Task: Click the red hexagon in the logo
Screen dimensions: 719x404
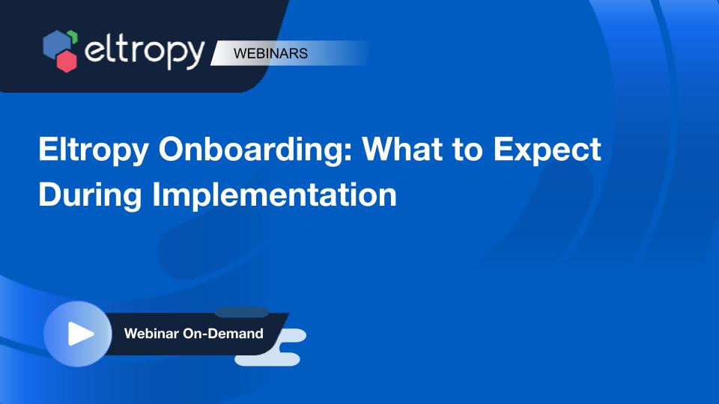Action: (67, 61)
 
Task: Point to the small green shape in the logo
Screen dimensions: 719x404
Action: (73, 36)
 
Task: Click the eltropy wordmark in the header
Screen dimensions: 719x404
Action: (145, 52)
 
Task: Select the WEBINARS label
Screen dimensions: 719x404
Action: (270, 53)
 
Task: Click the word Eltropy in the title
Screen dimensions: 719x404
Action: (94, 150)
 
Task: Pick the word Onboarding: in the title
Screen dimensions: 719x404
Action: (255, 150)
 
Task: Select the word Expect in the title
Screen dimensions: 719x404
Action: (547, 150)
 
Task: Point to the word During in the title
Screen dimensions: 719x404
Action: (90, 195)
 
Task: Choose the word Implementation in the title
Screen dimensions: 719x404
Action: (274, 195)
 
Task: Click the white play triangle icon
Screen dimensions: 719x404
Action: (80, 334)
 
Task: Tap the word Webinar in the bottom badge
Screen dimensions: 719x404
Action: (151, 334)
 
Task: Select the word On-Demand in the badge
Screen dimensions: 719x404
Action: (223, 334)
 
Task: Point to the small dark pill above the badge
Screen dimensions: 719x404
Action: (242, 313)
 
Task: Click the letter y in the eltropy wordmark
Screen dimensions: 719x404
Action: (195, 56)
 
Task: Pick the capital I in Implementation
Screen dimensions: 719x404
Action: (156, 194)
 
